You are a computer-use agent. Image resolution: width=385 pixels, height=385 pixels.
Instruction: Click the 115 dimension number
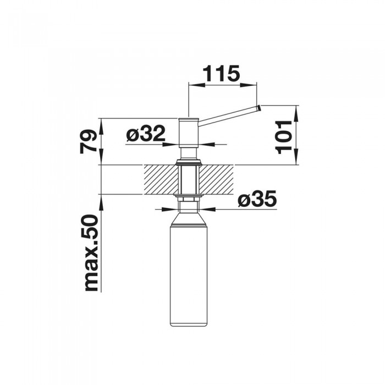221,73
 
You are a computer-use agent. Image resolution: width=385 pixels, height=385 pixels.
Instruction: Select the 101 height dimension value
283,137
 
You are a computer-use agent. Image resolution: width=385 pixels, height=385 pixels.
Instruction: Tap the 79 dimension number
88,142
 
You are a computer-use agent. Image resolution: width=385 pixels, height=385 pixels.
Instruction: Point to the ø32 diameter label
146,134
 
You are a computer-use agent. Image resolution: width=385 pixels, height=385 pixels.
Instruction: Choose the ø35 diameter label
257,199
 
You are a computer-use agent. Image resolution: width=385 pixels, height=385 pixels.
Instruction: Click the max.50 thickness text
91,253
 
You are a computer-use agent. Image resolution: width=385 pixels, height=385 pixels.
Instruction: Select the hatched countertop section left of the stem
161,179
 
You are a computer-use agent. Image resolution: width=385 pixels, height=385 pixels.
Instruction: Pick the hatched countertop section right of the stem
216,179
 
